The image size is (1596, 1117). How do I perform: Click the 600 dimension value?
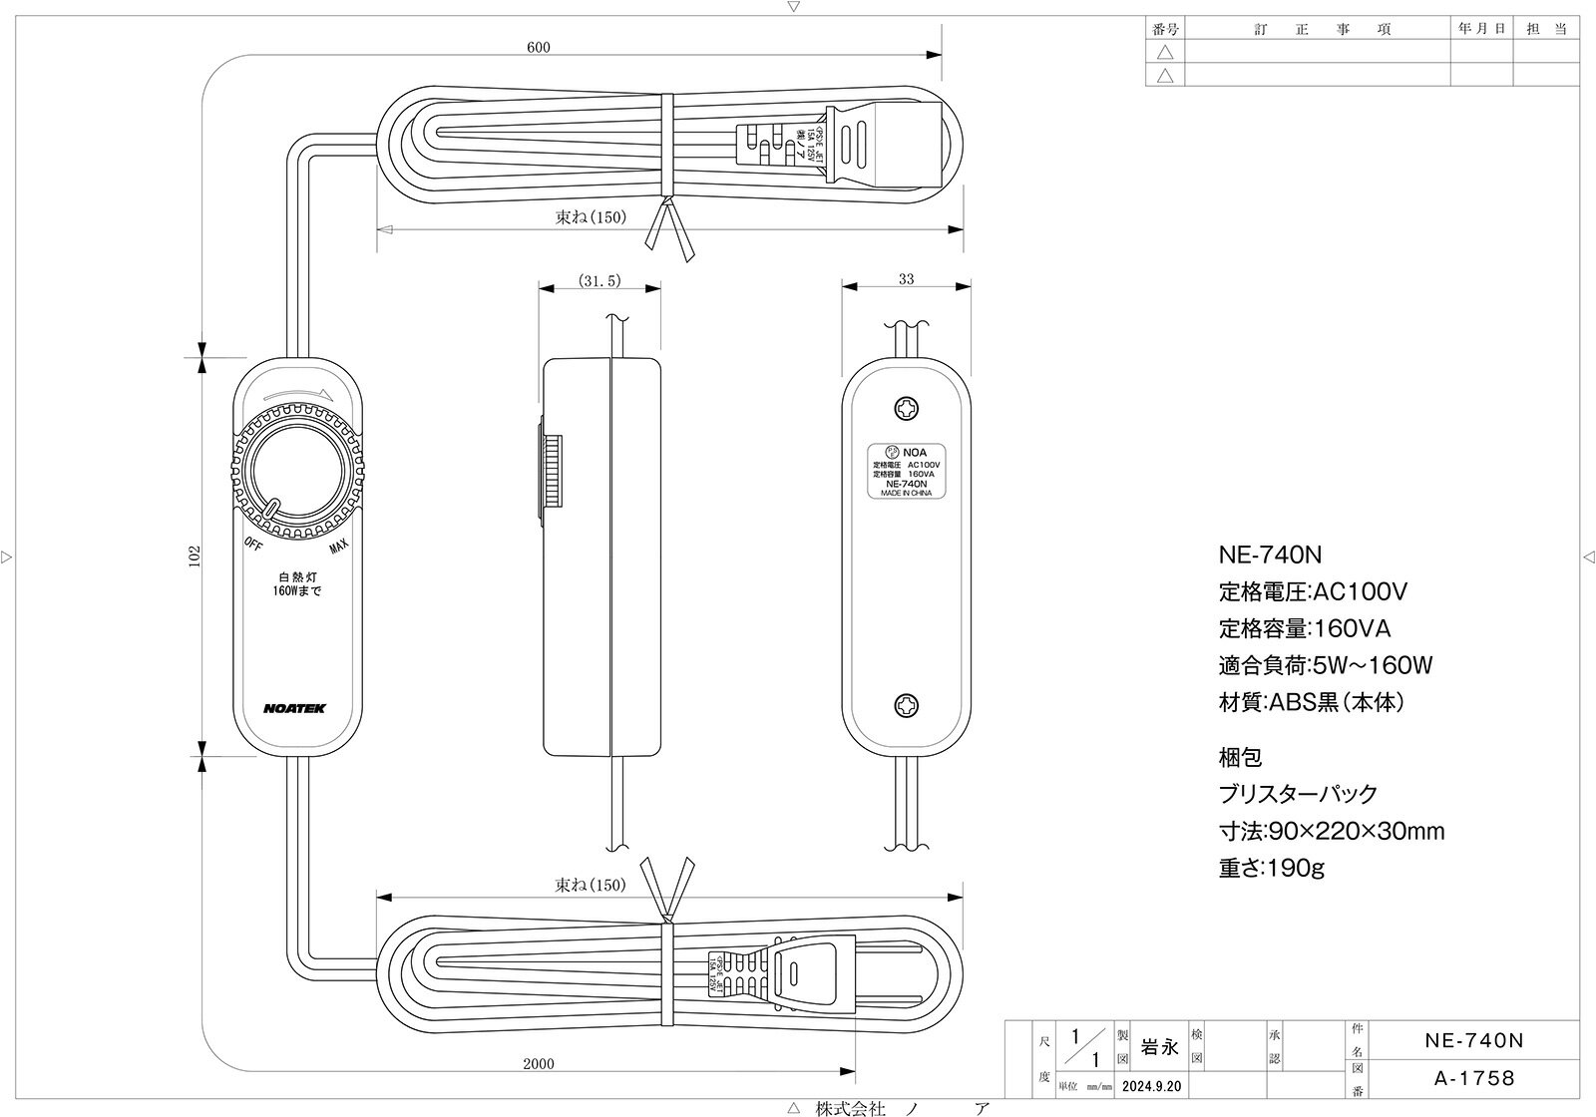[x=538, y=47]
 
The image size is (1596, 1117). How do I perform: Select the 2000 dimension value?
[x=538, y=1063]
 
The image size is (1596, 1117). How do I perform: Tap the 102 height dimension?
[x=195, y=556]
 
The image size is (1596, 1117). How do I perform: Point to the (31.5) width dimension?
[x=599, y=281]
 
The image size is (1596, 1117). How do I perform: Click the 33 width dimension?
[x=906, y=280]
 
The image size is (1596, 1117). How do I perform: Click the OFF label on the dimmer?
[x=252, y=544]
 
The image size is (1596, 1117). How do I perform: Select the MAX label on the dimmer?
[x=338, y=546]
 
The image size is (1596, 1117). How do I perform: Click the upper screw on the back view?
[x=907, y=408]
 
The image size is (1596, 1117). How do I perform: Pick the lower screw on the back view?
[x=907, y=704]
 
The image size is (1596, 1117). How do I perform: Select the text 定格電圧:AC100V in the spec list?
[x=1313, y=592]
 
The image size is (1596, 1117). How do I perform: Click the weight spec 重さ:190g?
[x=1271, y=868]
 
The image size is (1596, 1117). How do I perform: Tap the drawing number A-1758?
[x=1473, y=1078]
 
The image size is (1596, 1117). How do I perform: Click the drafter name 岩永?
[x=1159, y=1047]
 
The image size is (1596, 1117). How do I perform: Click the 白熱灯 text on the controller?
[x=297, y=576]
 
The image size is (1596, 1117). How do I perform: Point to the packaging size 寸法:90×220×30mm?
[x=1331, y=831]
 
